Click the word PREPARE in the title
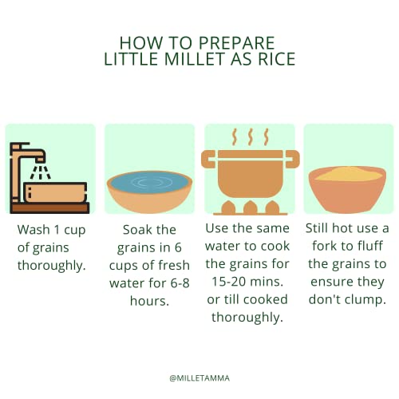pos(236,43)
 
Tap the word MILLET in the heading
pos(194,59)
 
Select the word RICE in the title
pos(277,59)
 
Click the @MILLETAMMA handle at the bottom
pos(199,378)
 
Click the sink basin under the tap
pos(55,192)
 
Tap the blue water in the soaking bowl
pos(149,182)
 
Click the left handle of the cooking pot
pos(208,159)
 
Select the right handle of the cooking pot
pos(293,159)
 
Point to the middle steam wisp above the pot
pos(250,137)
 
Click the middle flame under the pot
pos(250,207)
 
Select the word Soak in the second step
pos(135,230)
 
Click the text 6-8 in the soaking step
pos(180,282)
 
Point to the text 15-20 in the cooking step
pos(227,282)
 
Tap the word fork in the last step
pos(325,246)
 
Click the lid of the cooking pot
pos(250,155)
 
